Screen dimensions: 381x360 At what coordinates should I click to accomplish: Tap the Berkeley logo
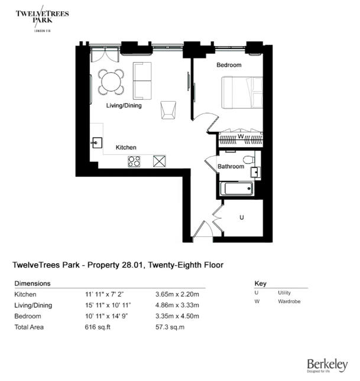(x=327, y=365)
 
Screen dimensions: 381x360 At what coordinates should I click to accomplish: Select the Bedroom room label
(x=229, y=65)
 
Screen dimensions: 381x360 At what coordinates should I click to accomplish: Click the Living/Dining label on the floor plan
(x=124, y=106)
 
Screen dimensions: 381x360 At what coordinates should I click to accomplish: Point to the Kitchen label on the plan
(x=126, y=147)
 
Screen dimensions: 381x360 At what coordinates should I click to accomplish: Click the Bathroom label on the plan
(x=231, y=167)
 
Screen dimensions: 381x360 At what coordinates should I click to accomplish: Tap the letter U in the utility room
(x=241, y=218)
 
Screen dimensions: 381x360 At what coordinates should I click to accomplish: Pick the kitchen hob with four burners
(x=135, y=161)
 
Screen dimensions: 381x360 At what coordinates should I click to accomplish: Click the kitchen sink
(x=96, y=142)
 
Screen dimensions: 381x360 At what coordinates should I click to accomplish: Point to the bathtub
(x=236, y=189)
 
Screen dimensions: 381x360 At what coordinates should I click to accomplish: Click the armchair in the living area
(x=168, y=108)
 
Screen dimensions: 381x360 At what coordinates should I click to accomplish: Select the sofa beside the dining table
(x=142, y=81)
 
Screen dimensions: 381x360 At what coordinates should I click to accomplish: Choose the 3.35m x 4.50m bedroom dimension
(x=177, y=316)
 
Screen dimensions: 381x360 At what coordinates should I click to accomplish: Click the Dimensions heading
(x=32, y=284)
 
